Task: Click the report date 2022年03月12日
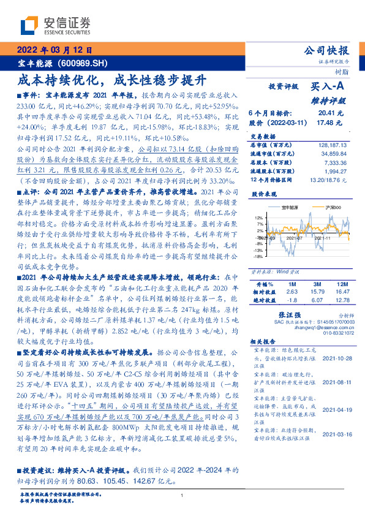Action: point(54,50)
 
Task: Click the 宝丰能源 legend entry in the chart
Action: point(284,208)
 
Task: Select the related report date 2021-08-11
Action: point(336,381)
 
